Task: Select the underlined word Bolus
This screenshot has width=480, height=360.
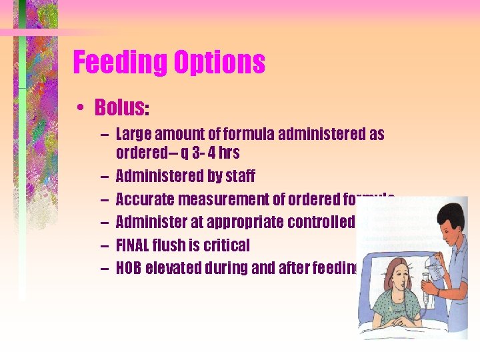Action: [119, 107]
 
